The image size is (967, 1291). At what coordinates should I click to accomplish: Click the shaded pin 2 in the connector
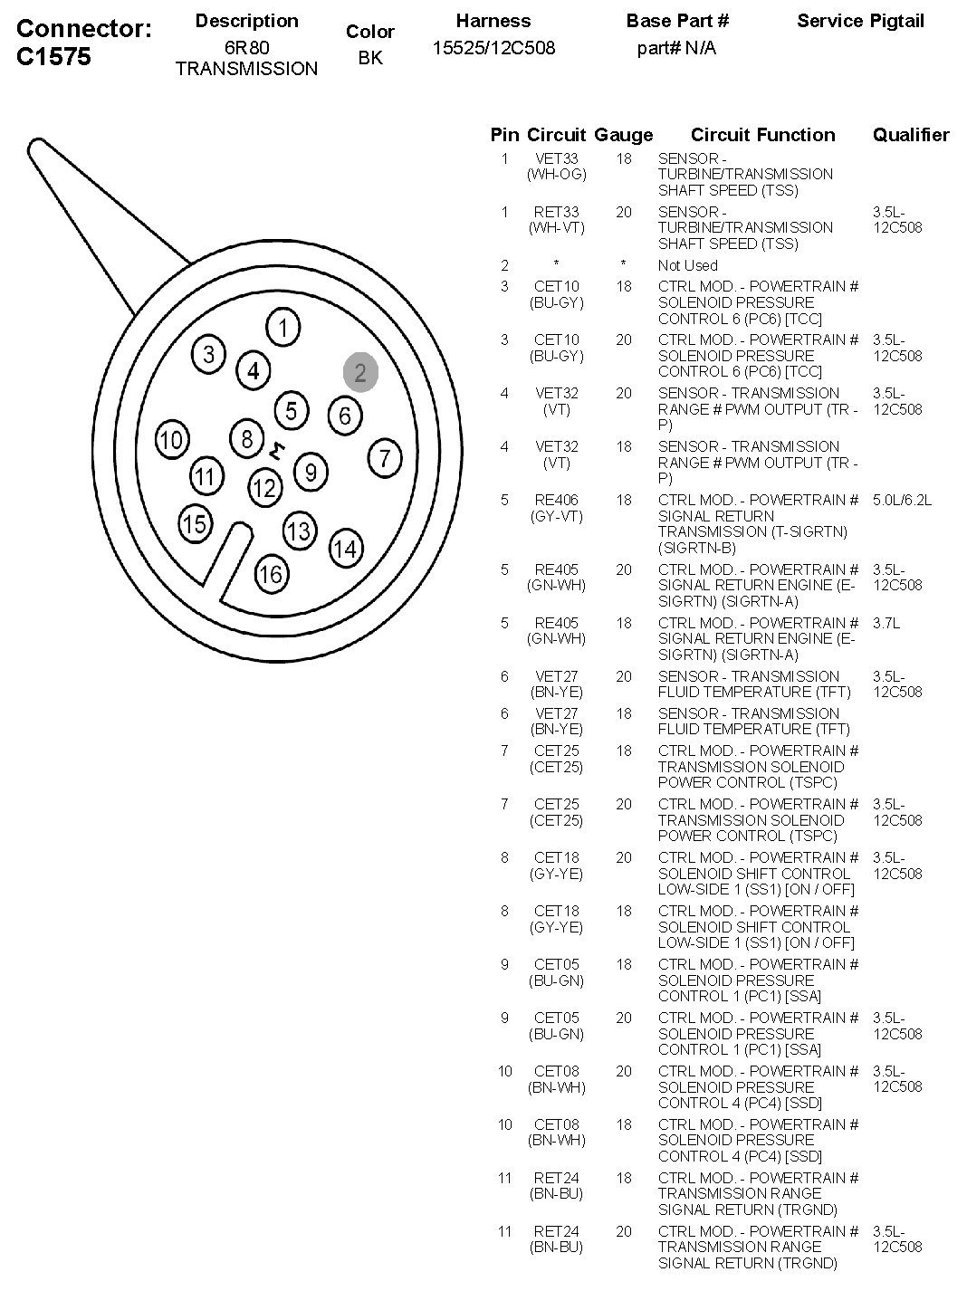(x=360, y=372)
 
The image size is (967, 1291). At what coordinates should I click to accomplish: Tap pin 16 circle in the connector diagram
(x=271, y=572)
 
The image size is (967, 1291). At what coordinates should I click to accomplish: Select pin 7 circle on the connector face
(x=385, y=457)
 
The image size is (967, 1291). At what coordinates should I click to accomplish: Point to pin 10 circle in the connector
(x=171, y=440)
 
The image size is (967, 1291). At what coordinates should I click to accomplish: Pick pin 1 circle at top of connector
(x=283, y=327)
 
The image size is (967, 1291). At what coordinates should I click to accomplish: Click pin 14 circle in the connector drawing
(x=345, y=547)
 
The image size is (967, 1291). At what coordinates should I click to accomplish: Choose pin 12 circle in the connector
(x=264, y=489)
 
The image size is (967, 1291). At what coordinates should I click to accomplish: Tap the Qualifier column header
(x=910, y=135)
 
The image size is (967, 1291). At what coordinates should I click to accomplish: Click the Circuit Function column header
(x=762, y=135)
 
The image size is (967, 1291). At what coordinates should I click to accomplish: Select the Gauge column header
(x=623, y=135)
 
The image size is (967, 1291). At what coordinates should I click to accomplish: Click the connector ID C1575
(x=54, y=56)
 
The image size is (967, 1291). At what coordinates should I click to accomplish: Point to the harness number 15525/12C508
(x=493, y=48)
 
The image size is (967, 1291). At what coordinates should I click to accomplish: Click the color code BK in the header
(x=369, y=58)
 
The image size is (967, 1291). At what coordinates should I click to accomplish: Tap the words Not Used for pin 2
(x=687, y=265)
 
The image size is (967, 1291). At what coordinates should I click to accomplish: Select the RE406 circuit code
(x=556, y=500)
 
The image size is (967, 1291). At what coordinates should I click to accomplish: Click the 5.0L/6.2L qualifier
(x=902, y=500)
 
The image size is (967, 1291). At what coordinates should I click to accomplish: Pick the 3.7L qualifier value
(x=886, y=623)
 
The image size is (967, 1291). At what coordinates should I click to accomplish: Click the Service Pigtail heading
(x=860, y=21)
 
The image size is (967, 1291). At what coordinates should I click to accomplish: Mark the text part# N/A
(x=676, y=48)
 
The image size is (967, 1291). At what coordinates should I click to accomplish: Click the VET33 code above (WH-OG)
(x=556, y=158)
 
